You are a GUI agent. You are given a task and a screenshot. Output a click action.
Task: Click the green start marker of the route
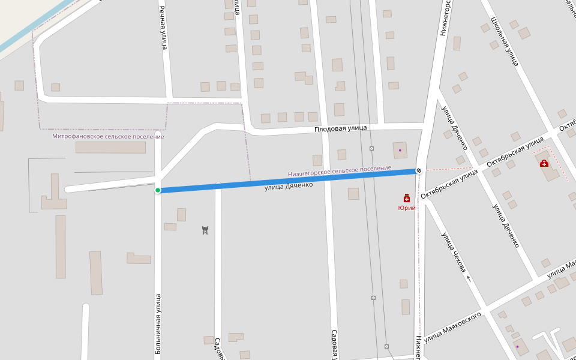tap(158, 190)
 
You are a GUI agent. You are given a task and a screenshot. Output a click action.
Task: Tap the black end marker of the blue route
tap(418, 170)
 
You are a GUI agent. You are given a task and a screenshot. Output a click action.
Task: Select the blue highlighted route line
tap(288, 181)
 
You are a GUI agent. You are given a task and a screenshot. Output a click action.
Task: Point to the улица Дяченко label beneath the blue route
tap(289, 187)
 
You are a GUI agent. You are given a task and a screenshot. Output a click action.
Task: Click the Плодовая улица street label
tap(341, 128)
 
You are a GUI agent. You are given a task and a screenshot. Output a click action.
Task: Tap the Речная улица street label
tap(163, 28)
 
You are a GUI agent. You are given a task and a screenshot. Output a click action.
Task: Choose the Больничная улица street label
tap(158, 324)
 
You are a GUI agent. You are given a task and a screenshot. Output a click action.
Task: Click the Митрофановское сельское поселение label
tap(108, 137)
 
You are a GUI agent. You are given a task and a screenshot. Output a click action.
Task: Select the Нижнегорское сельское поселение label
tap(340, 171)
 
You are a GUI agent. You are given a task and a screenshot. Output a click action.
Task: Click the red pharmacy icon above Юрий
tap(407, 198)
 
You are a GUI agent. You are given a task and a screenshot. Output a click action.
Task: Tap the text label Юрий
tap(407, 208)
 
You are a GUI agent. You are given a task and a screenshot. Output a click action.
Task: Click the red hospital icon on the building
tap(544, 163)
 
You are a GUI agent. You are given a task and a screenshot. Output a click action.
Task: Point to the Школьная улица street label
tap(504, 40)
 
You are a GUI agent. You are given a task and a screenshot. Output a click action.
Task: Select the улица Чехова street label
tap(454, 253)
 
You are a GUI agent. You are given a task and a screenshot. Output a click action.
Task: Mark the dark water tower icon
tap(205, 230)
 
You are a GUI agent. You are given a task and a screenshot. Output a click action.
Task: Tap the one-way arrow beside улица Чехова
tap(469, 278)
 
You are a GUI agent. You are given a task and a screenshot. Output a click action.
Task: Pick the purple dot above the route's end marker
tap(400, 149)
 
